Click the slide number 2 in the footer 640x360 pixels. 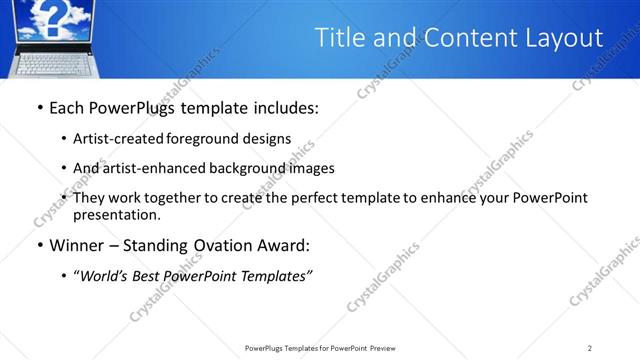pyautogui.click(x=590, y=348)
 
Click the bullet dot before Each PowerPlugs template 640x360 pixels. pyautogui.click(x=39, y=108)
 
